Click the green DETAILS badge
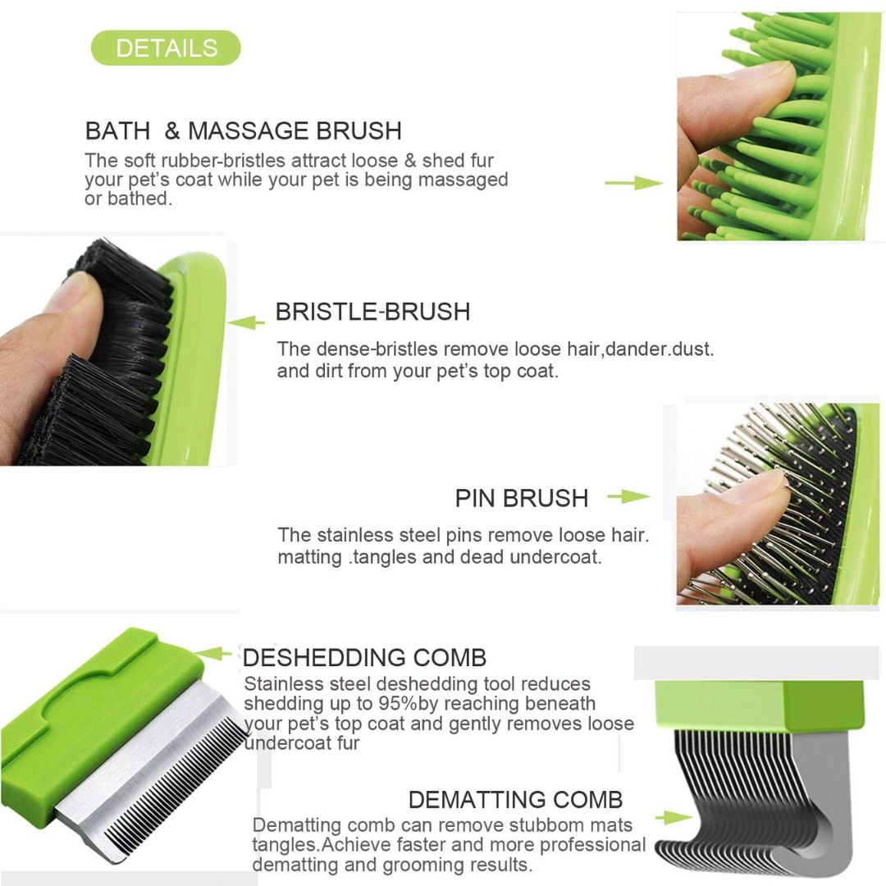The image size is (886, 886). (166, 48)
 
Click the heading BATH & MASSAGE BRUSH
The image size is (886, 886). (244, 130)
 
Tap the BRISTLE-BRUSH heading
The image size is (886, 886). (372, 312)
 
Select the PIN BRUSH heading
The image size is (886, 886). (522, 498)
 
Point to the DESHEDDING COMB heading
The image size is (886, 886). (364, 657)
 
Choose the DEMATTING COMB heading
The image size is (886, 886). (515, 799)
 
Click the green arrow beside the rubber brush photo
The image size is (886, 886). (633, 183)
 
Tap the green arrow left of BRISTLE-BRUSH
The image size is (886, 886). (245, 323)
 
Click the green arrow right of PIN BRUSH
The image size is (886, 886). (628, 496)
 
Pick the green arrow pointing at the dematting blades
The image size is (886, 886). (673, 817)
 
